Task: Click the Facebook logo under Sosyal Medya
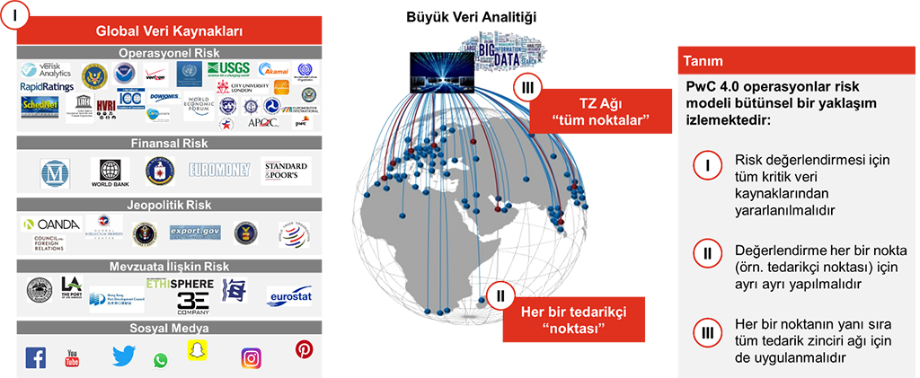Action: point(35,358)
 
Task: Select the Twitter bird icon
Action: point(123,356)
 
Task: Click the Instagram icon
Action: point(252,358)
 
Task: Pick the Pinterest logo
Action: point(304,350)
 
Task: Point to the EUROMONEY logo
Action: point(218,169)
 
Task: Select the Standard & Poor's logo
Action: point(286,170)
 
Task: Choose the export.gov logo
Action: point(194,232)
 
